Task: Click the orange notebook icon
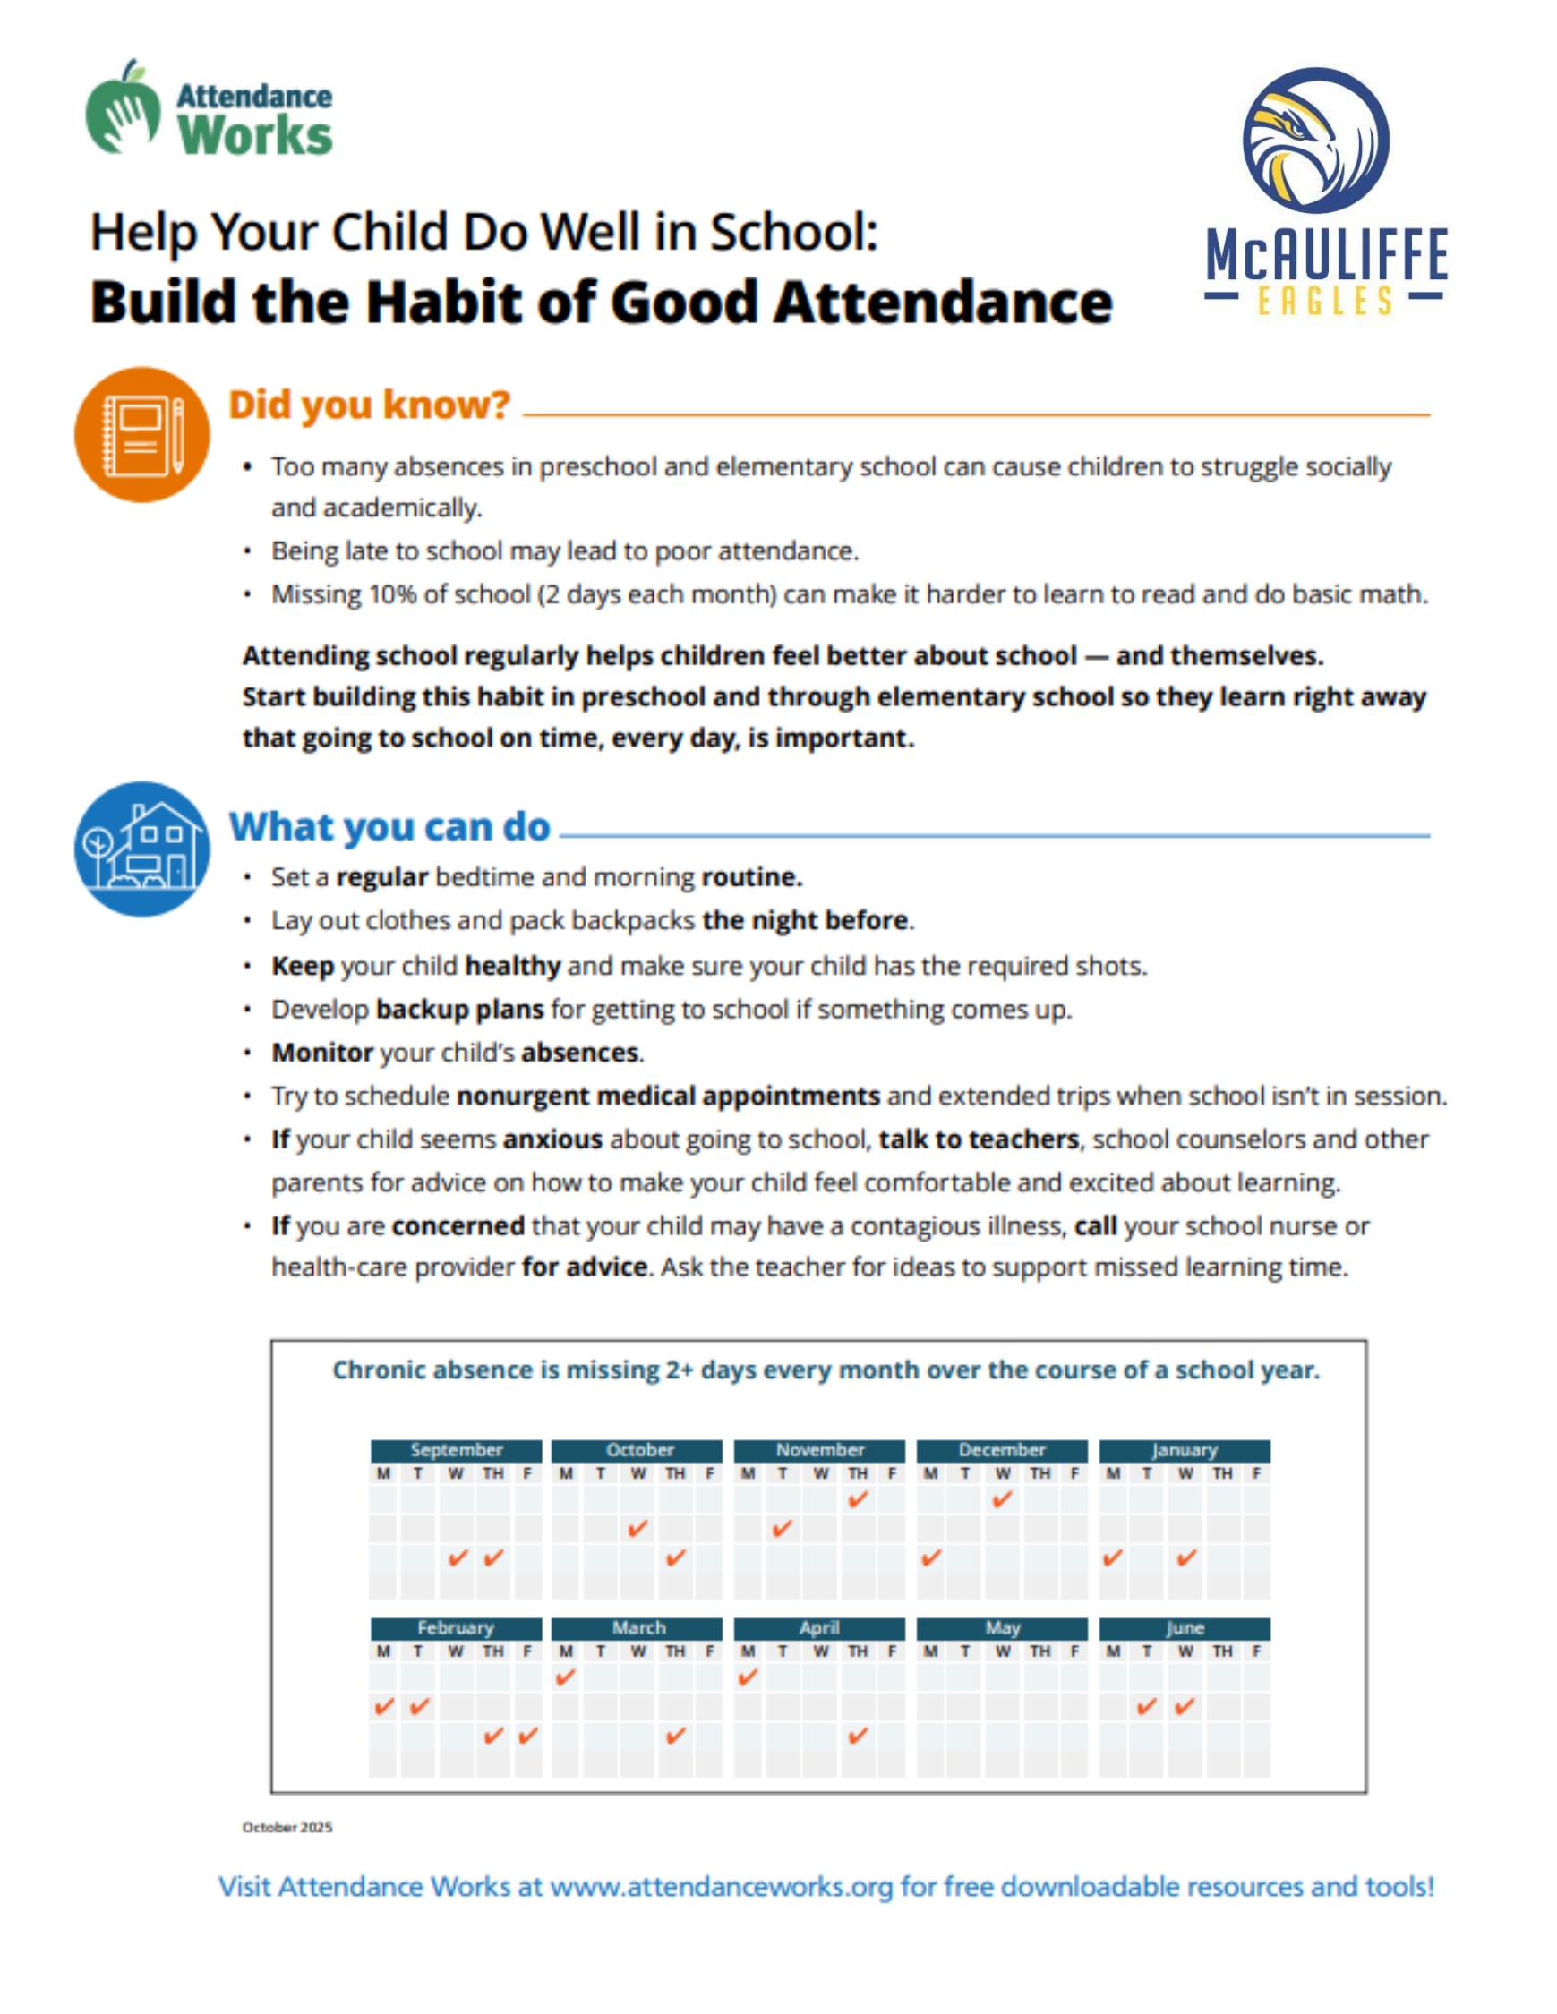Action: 142,434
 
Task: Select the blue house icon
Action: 142,849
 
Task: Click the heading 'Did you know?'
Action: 369,405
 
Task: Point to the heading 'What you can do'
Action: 389,827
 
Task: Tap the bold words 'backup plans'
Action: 459,1010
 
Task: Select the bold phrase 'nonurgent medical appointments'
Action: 668,1097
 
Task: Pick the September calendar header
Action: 456,1450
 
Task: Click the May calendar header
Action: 1002,1627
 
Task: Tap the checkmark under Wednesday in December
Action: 1003,1500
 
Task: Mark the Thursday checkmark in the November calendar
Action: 858,1500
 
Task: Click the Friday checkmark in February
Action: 527,1737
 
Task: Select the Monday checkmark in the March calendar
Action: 566,1677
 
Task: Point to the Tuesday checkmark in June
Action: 1147,1707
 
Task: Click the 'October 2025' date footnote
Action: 287,1827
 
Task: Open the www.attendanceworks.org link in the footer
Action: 722,1887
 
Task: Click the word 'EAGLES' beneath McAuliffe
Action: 1323,302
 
